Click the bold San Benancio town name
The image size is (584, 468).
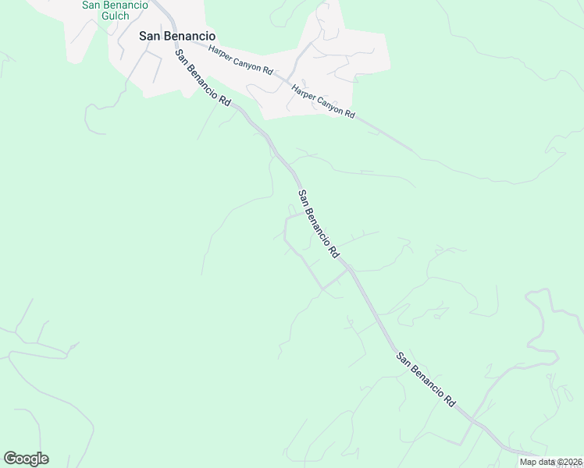point(176,35)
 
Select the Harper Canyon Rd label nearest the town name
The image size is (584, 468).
point(240,60)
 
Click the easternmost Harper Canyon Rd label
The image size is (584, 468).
point(323,101)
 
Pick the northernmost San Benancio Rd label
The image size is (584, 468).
point(203,79)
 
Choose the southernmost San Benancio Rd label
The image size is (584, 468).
point(426,380)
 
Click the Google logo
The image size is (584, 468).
point(26,459)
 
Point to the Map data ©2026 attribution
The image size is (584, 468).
point(550,462)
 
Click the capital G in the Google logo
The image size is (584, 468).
point(10,459)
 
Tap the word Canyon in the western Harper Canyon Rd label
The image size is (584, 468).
point(243,61)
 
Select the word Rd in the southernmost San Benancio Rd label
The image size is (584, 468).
point(450,401)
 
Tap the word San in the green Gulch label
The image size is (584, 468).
point(92,5)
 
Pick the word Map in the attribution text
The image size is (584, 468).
point(529,462)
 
